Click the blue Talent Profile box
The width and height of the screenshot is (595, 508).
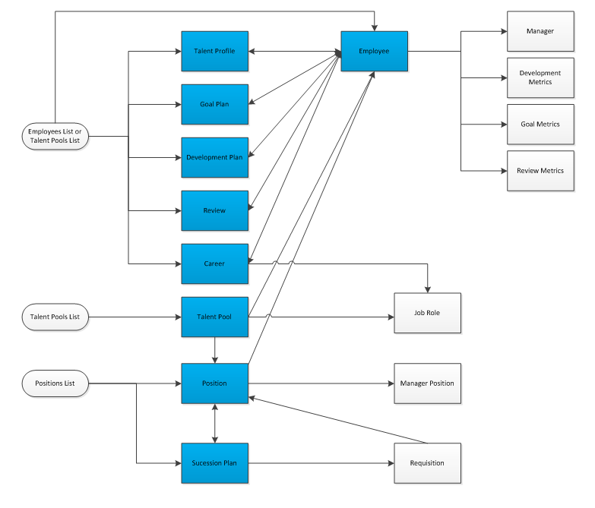tap(214, 52)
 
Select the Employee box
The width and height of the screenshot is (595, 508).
tap(374, 52)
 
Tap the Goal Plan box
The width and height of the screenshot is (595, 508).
tap(214, 104)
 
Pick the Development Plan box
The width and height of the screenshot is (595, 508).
tap(214, 157)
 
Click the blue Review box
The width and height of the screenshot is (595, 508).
tap(214, 210)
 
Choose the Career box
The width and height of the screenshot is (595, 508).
tap(214, 263)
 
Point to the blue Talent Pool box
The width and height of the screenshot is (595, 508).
tap(214, 317)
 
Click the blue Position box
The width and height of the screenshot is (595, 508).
tap(214, 383)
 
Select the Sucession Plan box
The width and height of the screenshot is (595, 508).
tap(214, 462)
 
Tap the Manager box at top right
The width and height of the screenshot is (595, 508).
tap(540, 31)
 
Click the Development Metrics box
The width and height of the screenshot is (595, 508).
tap(540, 77)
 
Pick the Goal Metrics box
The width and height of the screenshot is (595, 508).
tap(540, 124)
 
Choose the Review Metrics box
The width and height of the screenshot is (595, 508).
tap(540, 171)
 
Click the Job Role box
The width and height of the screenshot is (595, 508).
tap(427, 313)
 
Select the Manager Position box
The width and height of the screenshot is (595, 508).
tap(427, 383)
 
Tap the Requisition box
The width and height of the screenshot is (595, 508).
tap(427, 462)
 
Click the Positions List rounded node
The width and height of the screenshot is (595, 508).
tap(55, 383)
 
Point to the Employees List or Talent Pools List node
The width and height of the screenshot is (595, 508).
tap(55, 137)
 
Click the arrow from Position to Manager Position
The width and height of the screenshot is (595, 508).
tap(319, 383)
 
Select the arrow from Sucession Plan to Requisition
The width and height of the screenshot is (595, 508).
tap(319, 462)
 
